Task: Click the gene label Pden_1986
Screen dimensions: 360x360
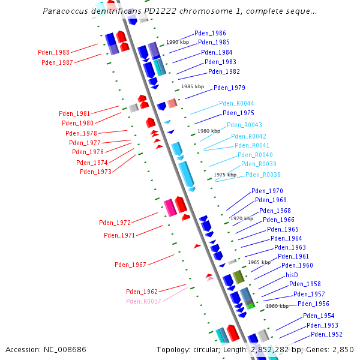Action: [x=210, y=34]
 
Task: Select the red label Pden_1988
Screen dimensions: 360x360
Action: [x=53, y=53]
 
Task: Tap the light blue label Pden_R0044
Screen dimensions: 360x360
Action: [x=236, y=103]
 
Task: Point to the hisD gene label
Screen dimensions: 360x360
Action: [x=292, y=275]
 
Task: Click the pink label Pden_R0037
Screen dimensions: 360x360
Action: [x=143, y=301]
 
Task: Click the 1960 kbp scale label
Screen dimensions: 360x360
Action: [x=277, y=306]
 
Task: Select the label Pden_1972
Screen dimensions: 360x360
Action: [x=115, y=223]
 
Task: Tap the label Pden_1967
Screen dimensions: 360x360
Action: [x=130, y=265]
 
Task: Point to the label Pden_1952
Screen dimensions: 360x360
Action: [x=326, y=334]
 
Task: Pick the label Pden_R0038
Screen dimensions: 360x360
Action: [x=263, y=175]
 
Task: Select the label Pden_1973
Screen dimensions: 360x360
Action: [x=95, y=172]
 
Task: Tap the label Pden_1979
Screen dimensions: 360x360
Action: [x=229, y=88]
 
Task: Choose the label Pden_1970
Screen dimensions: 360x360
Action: [x=267, y=191]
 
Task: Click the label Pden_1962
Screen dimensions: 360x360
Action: [x=142, y=292]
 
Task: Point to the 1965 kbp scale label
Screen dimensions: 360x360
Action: [x=259, y=262]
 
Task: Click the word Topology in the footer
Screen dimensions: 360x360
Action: [x=172, y=349]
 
